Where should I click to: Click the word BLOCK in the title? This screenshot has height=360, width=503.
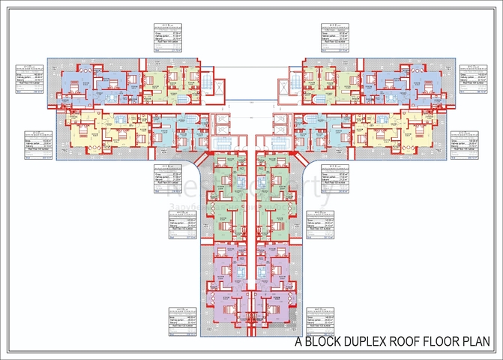click(326, 343)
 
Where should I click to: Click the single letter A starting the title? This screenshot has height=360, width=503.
click(300, 343)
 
